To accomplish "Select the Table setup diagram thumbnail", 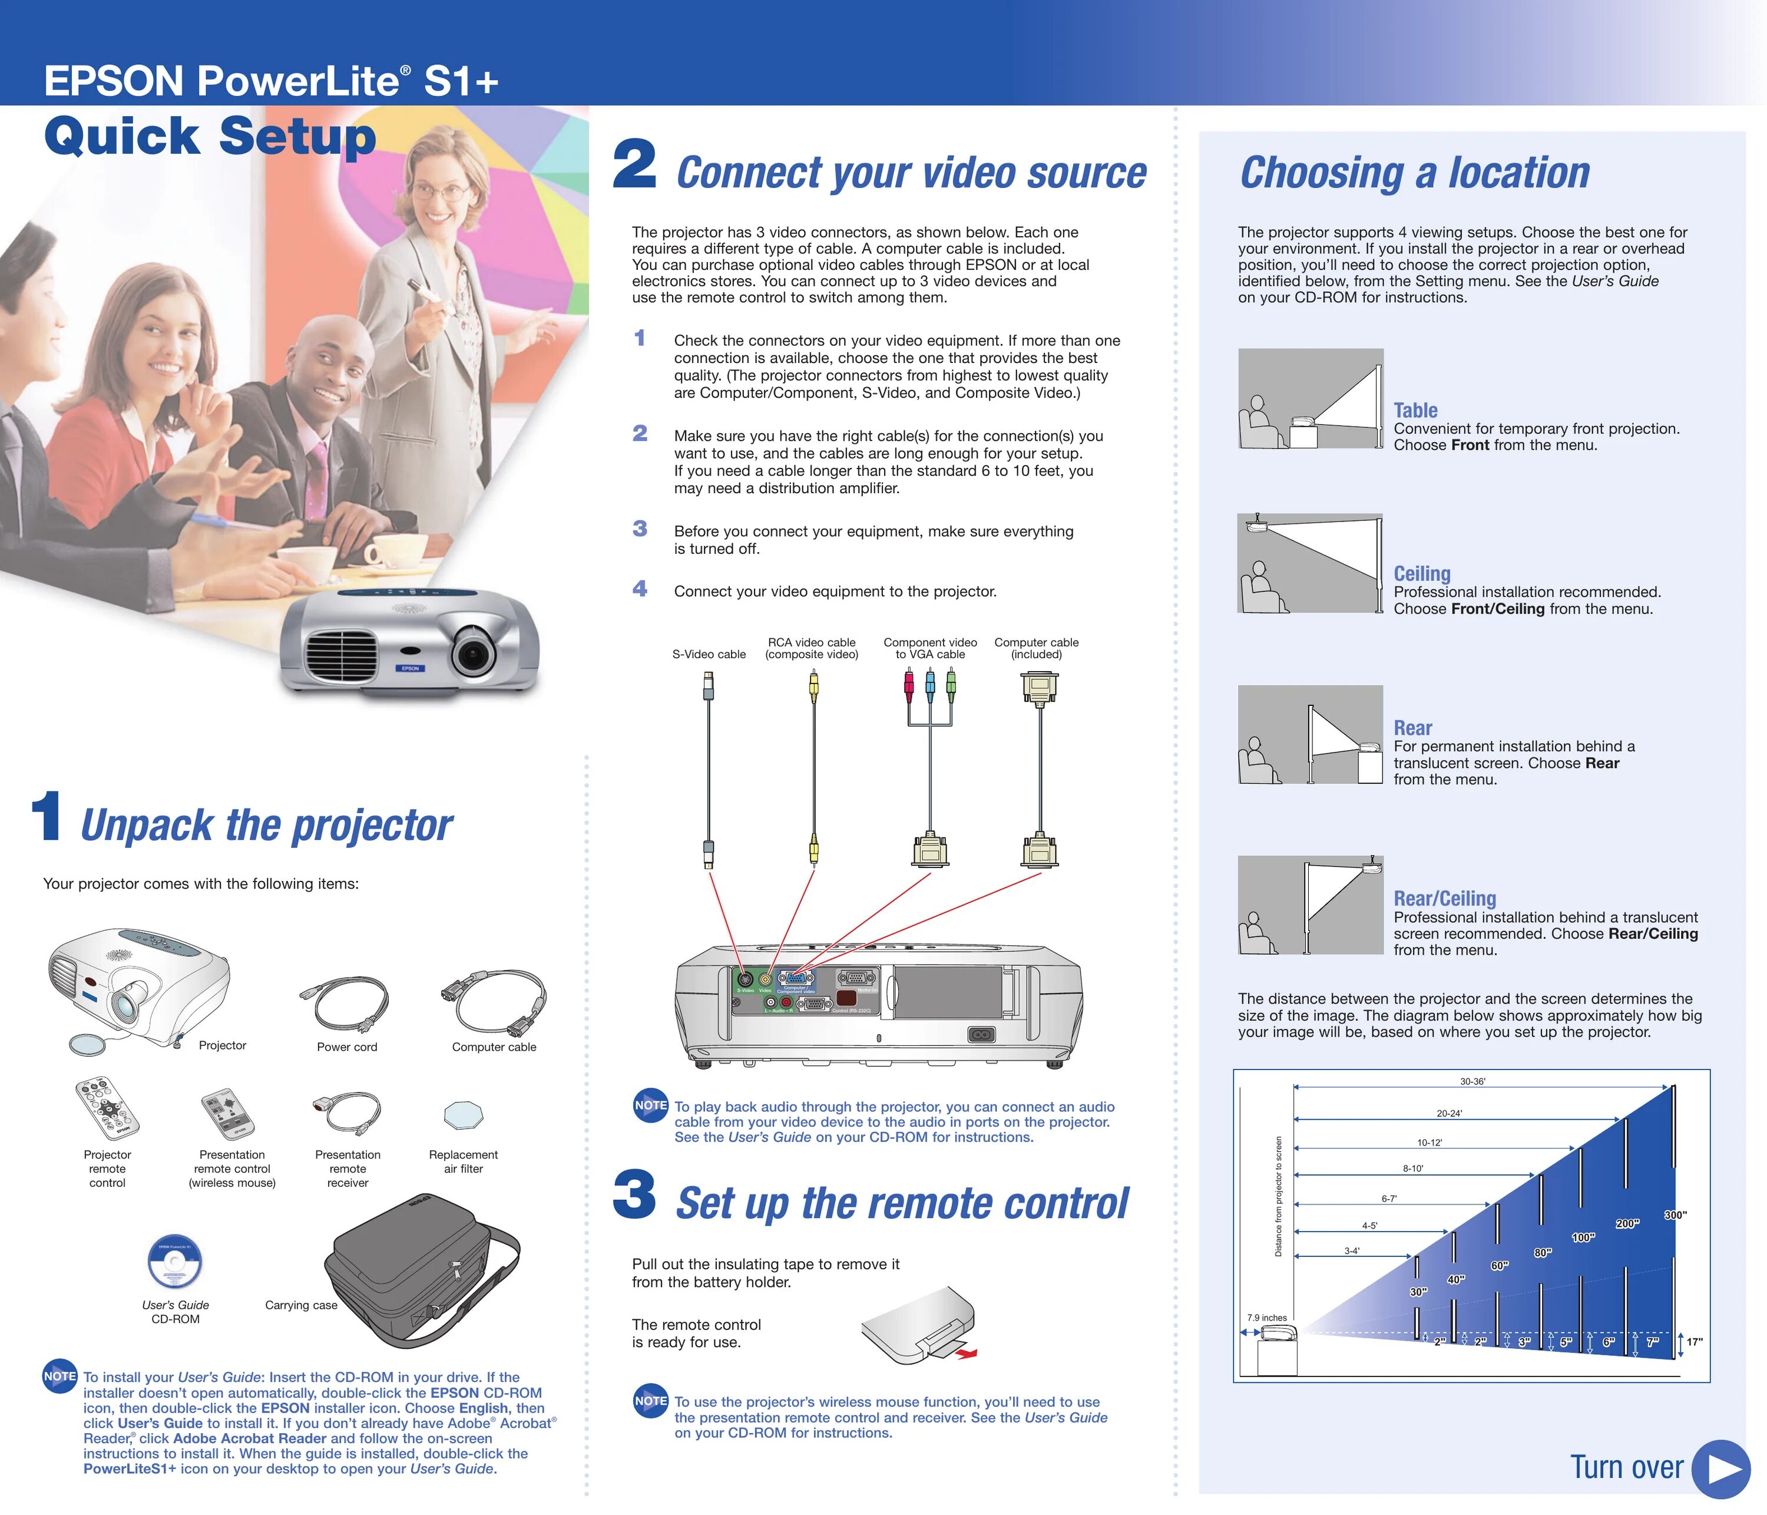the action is click(1310, 398).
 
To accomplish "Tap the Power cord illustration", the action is click(345, 1003).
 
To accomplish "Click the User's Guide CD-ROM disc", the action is click(175, 1261).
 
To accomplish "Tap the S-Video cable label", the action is click(709, 654).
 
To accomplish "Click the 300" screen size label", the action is click(1675, 1214).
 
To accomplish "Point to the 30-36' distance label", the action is click(1472, 1082).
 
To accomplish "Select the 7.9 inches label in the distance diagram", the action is click(1268, 1318).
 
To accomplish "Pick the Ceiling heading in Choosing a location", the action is click(1422, 573).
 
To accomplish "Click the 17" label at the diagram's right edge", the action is click(1695, 1342).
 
